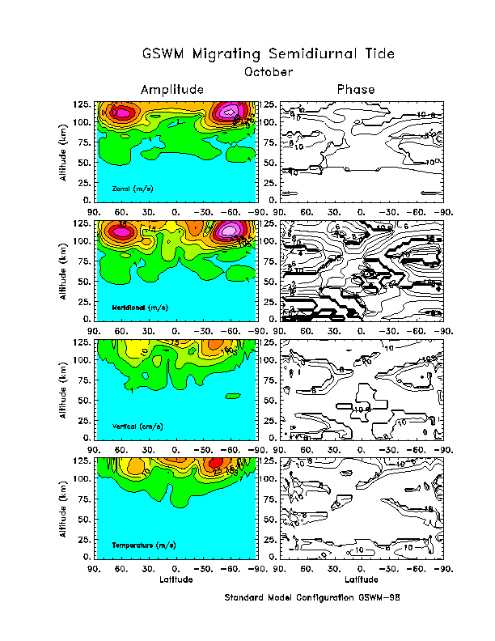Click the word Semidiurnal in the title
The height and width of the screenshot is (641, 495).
point(313,54)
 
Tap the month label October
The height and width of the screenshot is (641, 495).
point(269,71)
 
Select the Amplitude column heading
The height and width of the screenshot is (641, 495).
point(171,89)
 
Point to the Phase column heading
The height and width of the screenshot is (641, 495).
point(356,89)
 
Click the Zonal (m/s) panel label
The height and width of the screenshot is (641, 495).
point(133,189)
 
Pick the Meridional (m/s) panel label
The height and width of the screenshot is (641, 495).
point(139,309)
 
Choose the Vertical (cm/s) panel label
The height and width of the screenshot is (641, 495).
point(136,426)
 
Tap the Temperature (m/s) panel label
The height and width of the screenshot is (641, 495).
point(143,546)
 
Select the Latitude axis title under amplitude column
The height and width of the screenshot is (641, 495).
point(176,579)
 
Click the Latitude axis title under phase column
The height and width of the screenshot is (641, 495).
point(361,579)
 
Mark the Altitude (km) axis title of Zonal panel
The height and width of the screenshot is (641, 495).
point(64,151)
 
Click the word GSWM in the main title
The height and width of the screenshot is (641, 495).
point(165,54)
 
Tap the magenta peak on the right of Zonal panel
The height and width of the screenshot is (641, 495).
point(231,111)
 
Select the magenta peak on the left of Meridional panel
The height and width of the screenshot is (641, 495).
point(122,231)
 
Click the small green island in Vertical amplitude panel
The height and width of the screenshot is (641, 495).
point(233,395)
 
